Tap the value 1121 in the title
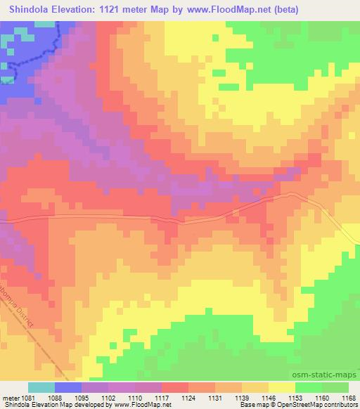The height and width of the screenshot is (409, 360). coord(124,10)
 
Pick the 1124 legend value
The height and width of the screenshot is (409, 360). coord(188,398)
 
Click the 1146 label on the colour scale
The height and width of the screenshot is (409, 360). coord(267,398)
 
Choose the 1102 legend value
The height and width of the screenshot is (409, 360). coord(108,398)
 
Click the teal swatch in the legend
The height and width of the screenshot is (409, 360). coord(41,388)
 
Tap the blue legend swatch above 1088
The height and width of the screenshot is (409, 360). coord(68,388)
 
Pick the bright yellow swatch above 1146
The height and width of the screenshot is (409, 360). coord(281,388)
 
